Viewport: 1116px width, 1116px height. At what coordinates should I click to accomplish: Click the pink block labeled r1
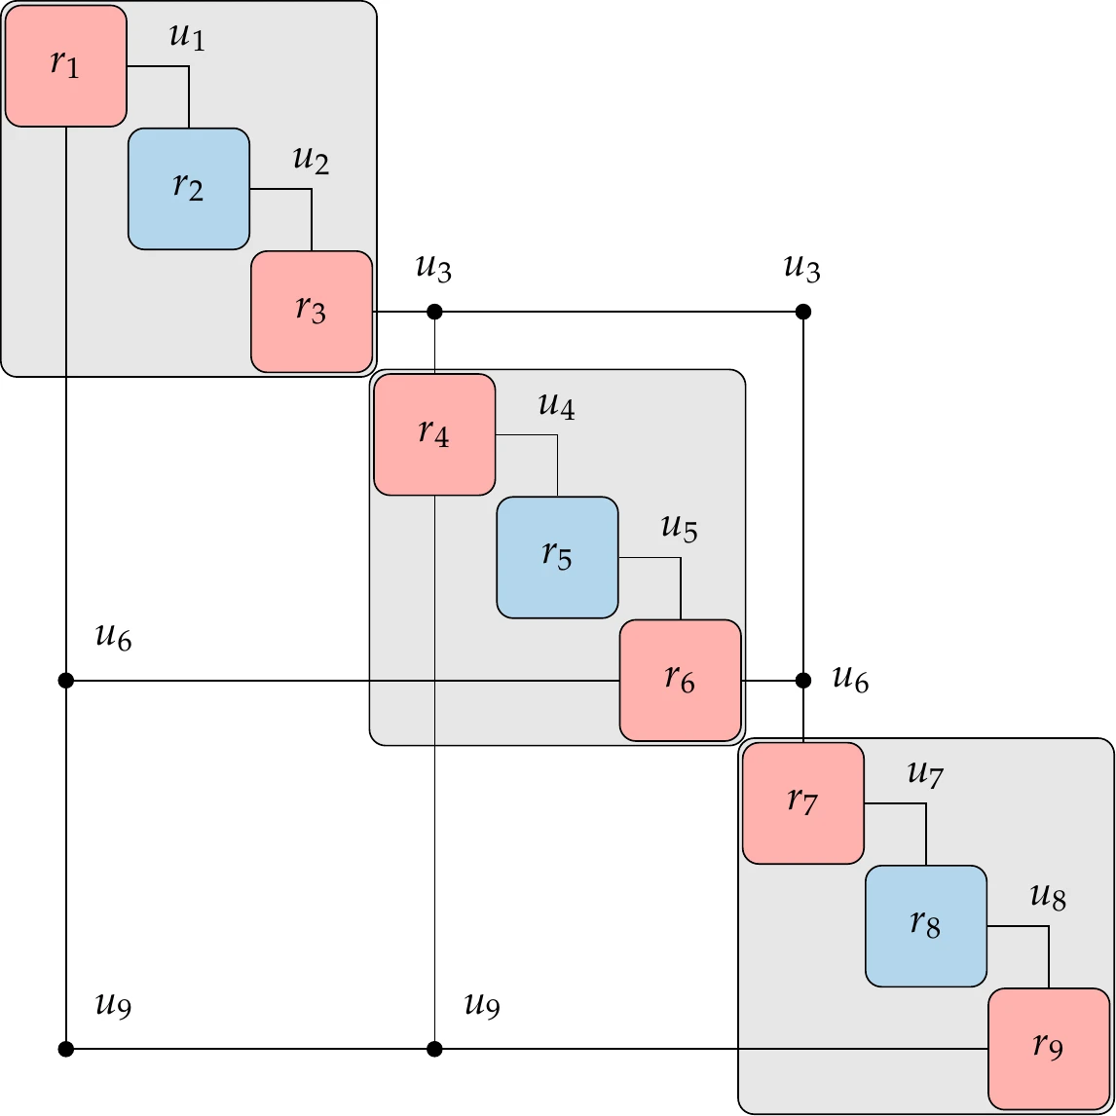pos(65,66)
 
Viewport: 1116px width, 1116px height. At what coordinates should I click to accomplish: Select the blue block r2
pos(189,189)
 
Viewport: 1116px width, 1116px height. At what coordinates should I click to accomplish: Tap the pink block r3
pos(312,312)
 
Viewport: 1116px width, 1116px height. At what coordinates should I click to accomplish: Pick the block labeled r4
pos(434,434)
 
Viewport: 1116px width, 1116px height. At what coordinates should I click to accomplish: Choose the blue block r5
pos(557,557)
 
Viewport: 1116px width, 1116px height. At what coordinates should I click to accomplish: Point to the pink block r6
pos(681,680)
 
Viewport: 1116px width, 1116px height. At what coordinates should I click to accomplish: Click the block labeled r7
pos(803,803)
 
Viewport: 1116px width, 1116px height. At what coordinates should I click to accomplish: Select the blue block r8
pos(926,926)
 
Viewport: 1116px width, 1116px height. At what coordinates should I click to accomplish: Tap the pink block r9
pos(1049,1049)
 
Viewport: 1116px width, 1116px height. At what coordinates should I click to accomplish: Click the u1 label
pos(188,39)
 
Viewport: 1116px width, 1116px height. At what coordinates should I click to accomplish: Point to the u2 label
pos(311,162)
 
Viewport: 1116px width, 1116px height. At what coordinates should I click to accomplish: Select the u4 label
pos(556,407)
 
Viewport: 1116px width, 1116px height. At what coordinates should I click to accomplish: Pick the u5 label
pos(679,530)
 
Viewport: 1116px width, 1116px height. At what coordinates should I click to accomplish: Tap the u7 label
pos(925,776)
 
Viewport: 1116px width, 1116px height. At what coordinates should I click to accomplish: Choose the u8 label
pos(1048,899)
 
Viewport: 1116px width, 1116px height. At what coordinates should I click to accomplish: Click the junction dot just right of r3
pos(434,312)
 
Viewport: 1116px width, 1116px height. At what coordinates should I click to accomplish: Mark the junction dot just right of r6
pos(803,680)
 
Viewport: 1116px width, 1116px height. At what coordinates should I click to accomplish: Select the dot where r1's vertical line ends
pos(65,1049)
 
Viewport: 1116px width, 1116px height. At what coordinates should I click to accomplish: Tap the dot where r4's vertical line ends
pos(434,1049)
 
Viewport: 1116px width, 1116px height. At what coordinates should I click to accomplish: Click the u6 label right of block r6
pos(850,680)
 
